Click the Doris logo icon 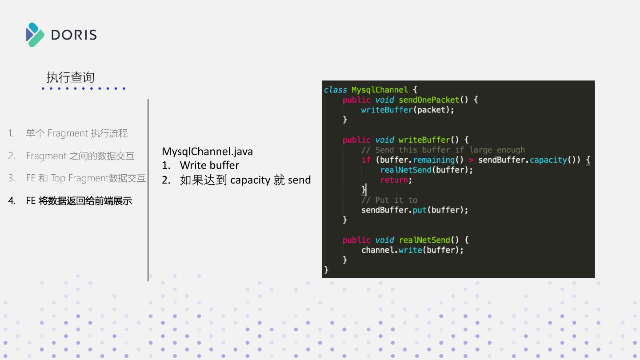point(35,35)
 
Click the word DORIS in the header point(74,35)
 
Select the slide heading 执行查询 point(70,77)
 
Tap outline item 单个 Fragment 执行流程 point(77,133)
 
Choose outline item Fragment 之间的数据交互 point(80,156)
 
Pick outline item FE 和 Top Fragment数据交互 point(86,178)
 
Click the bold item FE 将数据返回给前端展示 point(79,201)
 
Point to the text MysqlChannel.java point(207,152)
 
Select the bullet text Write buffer point(209,165)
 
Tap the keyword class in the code point(335,90)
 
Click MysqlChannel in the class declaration point(379,90)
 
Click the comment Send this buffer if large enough point(449,150)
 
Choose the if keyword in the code point(365,160)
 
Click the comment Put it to point(396,200)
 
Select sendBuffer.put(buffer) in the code point(414,210)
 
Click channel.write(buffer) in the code point(412,250)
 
